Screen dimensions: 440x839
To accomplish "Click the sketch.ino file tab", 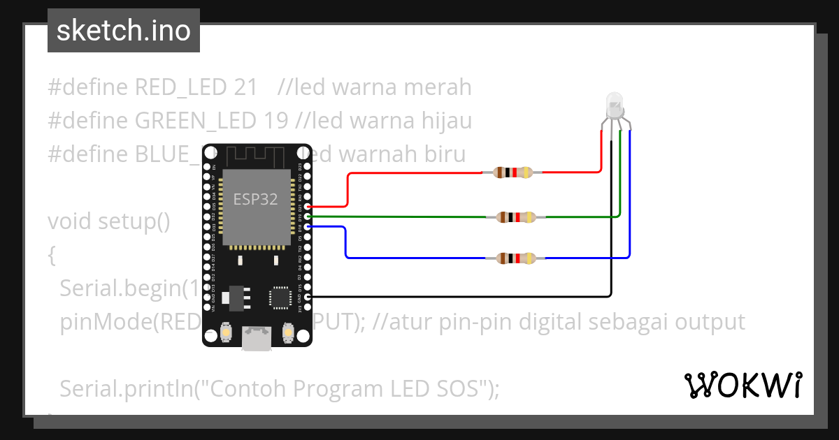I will tap(124, 31).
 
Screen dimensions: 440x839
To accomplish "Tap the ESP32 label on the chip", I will tap(255, 200).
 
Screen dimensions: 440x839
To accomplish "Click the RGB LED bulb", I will tap(615, 105).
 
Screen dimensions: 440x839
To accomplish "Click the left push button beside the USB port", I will tap(226, 332).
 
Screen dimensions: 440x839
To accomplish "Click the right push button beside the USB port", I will tap(287, 332).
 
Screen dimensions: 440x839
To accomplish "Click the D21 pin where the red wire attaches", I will tap(308, 207).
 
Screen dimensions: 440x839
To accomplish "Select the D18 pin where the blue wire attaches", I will tap(308, 227).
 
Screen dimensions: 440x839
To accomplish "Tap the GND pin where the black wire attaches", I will tap(308, 297).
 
